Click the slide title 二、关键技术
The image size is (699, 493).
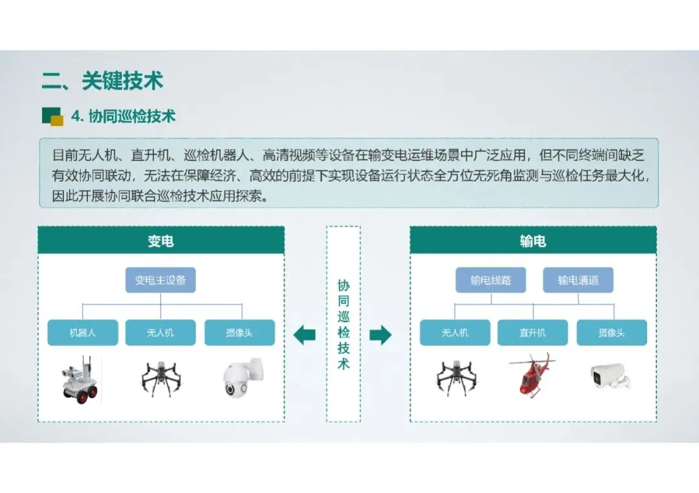point(102,81)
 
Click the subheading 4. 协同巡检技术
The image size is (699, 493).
point(123,116)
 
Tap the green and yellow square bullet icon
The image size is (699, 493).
point(52,116)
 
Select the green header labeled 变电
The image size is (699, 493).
point(161,241)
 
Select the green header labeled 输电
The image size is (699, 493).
point(533,241)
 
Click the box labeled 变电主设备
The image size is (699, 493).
point(161,280)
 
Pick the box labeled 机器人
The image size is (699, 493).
point(83,333)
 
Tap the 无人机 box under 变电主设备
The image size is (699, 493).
point(161,333)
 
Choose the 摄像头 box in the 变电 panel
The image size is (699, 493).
point(239,333)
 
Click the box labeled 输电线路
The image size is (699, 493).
point(491,280)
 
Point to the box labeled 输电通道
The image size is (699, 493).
point(578,280)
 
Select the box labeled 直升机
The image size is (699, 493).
point(532,333)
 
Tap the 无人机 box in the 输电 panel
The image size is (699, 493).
point(455,333)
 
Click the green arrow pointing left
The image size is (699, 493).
point(304,334)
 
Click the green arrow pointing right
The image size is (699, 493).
point(381,334)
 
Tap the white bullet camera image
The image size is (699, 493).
point(610,377)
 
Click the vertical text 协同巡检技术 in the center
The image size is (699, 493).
point(343,324)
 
